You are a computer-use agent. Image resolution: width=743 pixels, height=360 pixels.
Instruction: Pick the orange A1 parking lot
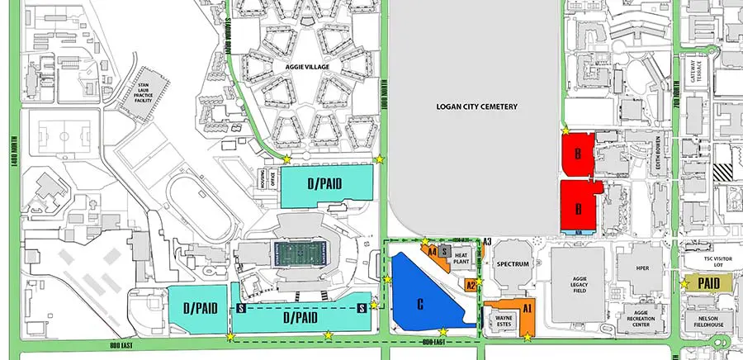click(525, 306)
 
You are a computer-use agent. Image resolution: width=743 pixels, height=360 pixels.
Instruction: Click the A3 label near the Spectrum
click(488, 242)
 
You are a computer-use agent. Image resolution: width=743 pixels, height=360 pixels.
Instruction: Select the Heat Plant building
click(462, 259)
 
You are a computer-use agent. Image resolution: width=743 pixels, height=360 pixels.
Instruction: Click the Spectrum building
click(512, 264)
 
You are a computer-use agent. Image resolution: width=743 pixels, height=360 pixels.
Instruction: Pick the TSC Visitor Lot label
click(707, 261)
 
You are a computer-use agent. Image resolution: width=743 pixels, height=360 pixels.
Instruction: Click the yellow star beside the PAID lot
click(684, 283)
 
